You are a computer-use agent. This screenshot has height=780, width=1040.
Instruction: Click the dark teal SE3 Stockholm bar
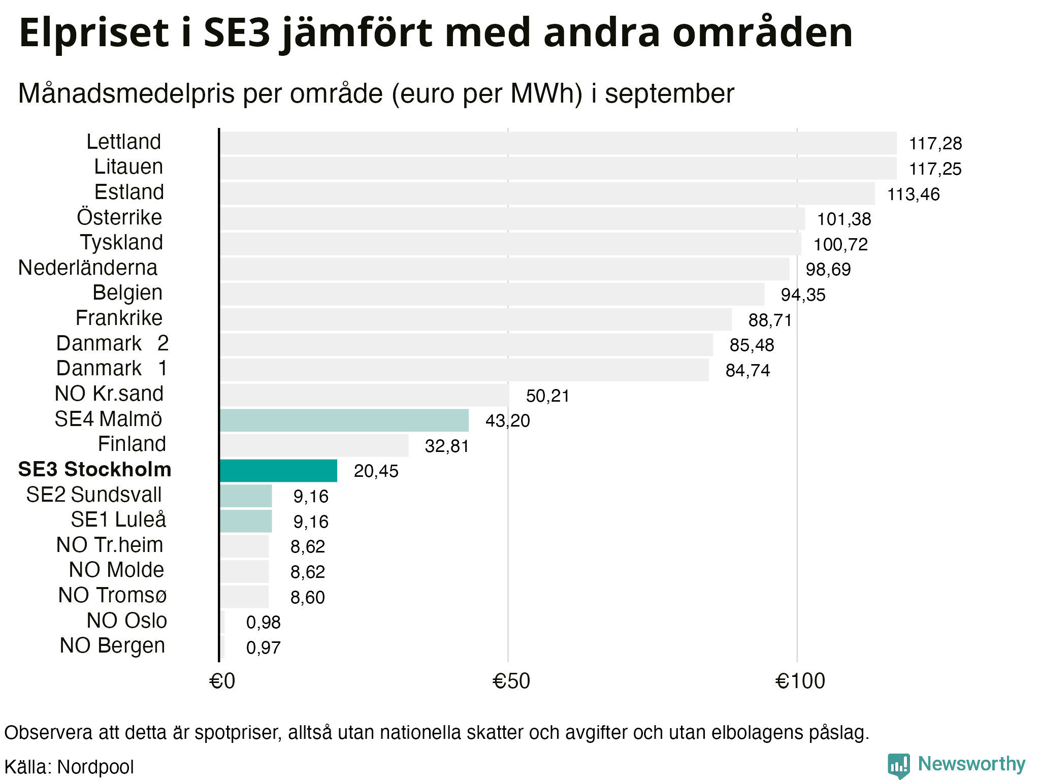[278, 471]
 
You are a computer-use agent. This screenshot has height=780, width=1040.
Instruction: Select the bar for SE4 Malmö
[344, 420]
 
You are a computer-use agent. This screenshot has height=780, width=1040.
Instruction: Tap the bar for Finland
[314, 445]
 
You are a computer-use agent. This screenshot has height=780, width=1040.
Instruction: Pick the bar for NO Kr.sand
[364, 395]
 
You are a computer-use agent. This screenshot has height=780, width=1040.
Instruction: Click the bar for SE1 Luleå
[246, 521]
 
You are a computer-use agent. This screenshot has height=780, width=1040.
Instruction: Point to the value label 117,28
[935, 144]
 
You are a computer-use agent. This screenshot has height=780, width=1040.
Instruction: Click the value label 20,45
[376, 471]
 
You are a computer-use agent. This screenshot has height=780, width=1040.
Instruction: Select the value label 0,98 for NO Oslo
[263, 622]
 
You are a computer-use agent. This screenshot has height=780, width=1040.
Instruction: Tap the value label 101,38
[843, 219]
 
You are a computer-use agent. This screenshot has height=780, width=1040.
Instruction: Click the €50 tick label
[511, 681]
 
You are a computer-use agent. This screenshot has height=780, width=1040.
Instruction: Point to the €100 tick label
[800, 681]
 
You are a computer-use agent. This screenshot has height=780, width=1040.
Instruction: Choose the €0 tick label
[222, 681]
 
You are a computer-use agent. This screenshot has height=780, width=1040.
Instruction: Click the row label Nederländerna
[88, 268]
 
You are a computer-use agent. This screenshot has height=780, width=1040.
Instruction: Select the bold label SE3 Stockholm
[94, 470]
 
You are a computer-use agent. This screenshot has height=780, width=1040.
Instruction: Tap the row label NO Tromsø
[112, 595]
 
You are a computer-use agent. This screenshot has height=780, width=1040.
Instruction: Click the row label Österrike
[119, 217]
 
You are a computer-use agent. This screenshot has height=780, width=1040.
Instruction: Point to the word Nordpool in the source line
[95, 767]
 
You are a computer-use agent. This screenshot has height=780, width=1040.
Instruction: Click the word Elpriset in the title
[93, 33]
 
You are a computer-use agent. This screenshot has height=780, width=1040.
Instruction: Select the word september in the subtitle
[669, 94]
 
